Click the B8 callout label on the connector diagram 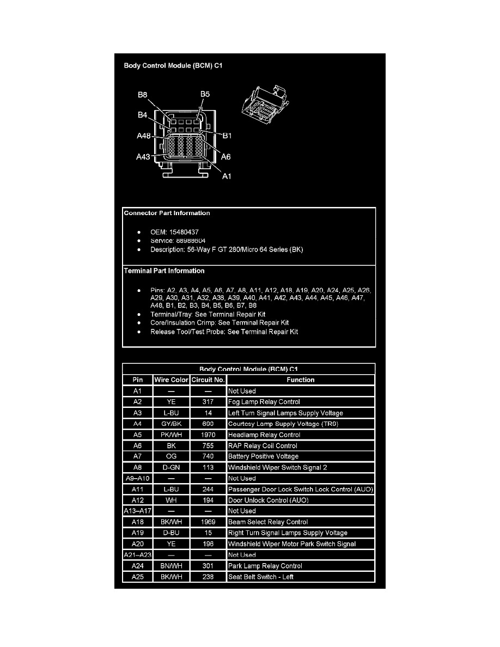pyautogui.click(x=143, y=95)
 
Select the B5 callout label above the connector pyautogui.click(x=205, y=94)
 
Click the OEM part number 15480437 pyautogui.click(x=184, y=232)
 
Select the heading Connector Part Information pyautogui.click(x=167, y=213)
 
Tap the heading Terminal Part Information pyautogui.click(x=164, y=271)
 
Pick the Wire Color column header pyautogui.click(x=171, y=380)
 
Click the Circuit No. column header pyautogui.click(x=208, y=380)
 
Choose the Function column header pyautogui.click(x=301, y=380)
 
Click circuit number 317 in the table pyautogui.click(x=208, y=402)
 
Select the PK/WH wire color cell pyautogui.click(x=171, y=435)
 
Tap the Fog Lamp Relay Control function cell pyautogui.click(x=264, y=402)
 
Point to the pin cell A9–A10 pyautogui.click(x=138, y=478)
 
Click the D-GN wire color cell pyautogui.click(x=171, y=467)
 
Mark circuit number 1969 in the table pyautogui.click(x=208, y=522)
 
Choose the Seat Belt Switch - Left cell pyautogui.click(x=261, y=577)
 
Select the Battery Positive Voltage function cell pyautogui.click(x=263, y=456)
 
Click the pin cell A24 pyautogui.click(x=138, y=566)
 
